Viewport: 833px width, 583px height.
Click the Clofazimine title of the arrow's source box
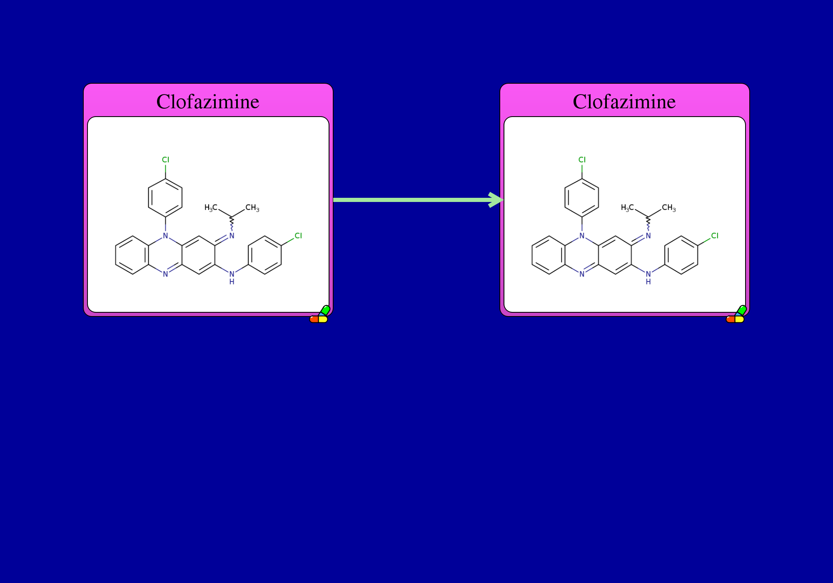pos(208,102)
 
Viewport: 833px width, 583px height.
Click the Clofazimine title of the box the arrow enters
pos(624,102)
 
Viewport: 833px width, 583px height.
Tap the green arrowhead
pos(496,200)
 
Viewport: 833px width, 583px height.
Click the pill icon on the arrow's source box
pos(320,314)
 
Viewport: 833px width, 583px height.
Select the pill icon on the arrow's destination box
pos(736,314)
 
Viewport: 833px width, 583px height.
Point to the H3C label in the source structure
pos(211,208)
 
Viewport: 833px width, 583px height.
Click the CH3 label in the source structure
pos(252,208)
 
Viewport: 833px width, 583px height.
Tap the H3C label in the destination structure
pos(627,208)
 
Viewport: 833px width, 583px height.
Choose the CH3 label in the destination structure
pos(669,208)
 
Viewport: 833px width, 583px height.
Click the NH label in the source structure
pos(232,278)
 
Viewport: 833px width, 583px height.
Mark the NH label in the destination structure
pos(648,278)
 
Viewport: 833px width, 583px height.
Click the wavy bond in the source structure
pos(232,224)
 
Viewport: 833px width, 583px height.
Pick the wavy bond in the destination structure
pos(648,224)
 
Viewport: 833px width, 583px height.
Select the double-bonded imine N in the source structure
pos(232,236)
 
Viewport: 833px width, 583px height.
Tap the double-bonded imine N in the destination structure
pos(648,236)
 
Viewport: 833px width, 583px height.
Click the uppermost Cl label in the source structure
pos(165,160)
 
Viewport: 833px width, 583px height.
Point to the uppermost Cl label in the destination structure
pos(582,160)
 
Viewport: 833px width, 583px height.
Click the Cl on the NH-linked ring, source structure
pos(298,236)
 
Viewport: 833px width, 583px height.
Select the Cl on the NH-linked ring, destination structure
pos(715,236)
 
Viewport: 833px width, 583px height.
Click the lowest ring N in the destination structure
pos(582,274)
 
